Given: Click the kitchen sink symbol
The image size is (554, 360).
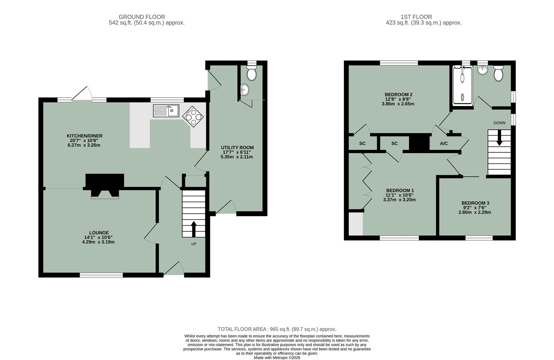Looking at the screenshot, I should (x=166, y=111).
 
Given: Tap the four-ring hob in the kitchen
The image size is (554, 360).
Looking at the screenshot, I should (x=193, y=117).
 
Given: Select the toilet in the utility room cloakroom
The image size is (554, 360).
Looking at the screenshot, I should (x=252, y=73).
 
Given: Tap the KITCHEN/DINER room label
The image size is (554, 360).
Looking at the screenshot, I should (x=85, y=136).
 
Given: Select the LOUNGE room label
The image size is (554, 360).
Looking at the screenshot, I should (x=99, y=233).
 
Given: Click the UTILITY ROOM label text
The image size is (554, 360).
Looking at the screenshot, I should (x=237, y=147).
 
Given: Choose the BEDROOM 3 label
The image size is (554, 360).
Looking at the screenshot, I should (x=475, y=203).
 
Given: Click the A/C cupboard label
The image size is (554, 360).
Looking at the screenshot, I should (x=444, y=144).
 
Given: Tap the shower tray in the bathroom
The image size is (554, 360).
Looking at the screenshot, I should (x=462, y=85).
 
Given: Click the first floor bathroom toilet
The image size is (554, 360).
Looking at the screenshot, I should (x=498, y=74).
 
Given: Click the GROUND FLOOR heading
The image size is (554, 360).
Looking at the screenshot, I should (x=142, y=17).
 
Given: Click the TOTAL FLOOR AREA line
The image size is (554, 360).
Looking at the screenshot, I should (x=277, y=329).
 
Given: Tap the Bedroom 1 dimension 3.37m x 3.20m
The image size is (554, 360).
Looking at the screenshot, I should (x=399, y=200).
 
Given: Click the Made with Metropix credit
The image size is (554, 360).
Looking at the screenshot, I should (x=277, y=358).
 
